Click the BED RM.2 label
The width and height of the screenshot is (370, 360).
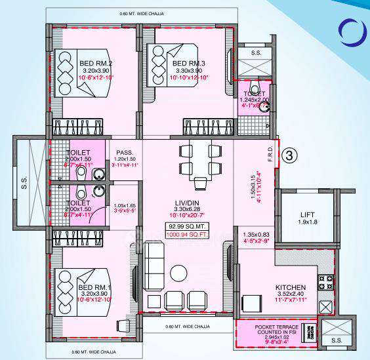click(94, 63)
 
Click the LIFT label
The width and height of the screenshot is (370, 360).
click(307, 214)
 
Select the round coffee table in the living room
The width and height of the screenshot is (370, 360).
click(178, 272)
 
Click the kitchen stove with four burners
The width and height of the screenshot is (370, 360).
click(326, 281)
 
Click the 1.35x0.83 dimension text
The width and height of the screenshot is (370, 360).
click(255, 234)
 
